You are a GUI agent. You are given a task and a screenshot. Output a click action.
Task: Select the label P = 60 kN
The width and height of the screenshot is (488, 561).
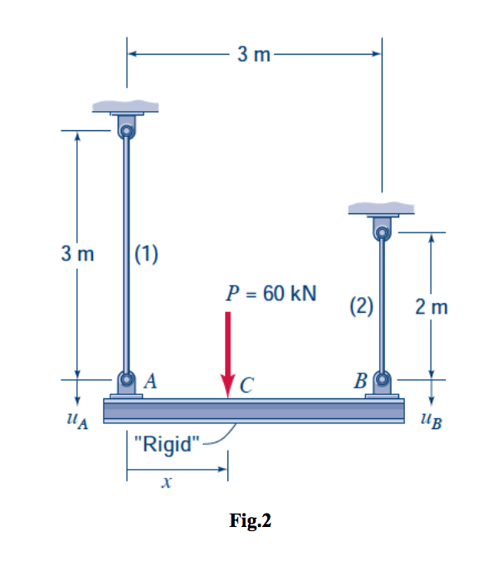(271, 293)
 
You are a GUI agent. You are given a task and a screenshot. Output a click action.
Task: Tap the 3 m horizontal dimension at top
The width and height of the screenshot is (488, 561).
(254, 55)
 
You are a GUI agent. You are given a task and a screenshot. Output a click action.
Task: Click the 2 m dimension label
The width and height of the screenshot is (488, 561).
(432, 308)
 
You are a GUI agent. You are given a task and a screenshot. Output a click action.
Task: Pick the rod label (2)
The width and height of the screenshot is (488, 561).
(360, 306)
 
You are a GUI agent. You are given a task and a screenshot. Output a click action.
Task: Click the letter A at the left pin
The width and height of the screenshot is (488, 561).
(150, 382)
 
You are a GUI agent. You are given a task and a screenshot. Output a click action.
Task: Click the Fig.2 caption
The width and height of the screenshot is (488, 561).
(250, 521)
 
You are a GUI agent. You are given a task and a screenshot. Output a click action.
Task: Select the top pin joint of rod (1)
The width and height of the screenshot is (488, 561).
(126, 129)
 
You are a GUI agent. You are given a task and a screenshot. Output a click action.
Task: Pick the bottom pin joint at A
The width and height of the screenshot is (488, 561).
(126, 381)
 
